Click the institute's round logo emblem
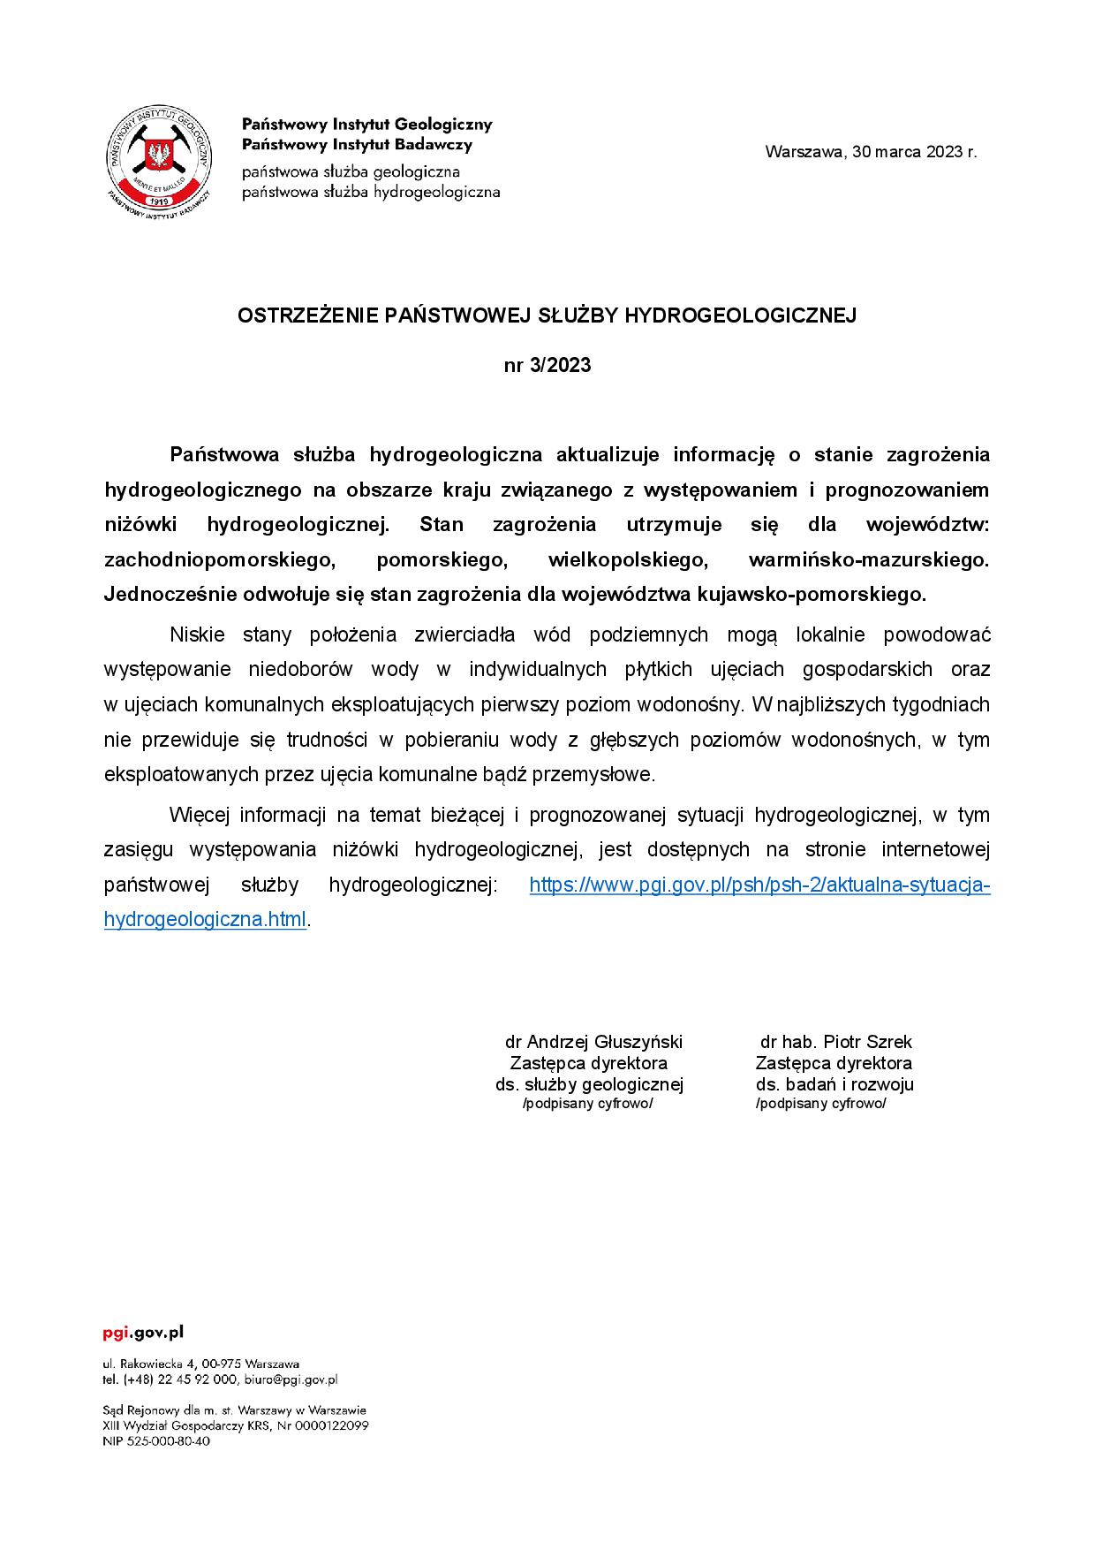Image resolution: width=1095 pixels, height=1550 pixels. tap(159, 159)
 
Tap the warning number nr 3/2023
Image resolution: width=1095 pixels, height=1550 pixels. tap(547, 365)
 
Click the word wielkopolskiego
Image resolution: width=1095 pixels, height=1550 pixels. tap(629, 559)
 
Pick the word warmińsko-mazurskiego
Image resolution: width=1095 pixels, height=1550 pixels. tap(869, 559)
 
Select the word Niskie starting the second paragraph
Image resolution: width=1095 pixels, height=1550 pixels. tap(197, 634)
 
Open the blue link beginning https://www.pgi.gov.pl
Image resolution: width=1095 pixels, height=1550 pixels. tap(759, 885)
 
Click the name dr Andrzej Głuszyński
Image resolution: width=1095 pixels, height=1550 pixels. tap(593, 1042)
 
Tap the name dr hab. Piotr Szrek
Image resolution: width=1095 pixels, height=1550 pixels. tap(835, 1042)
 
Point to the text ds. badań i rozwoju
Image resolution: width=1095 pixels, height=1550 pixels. tap(834, 1084)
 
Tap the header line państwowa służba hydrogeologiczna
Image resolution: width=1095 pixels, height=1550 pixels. tap(371, 192)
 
